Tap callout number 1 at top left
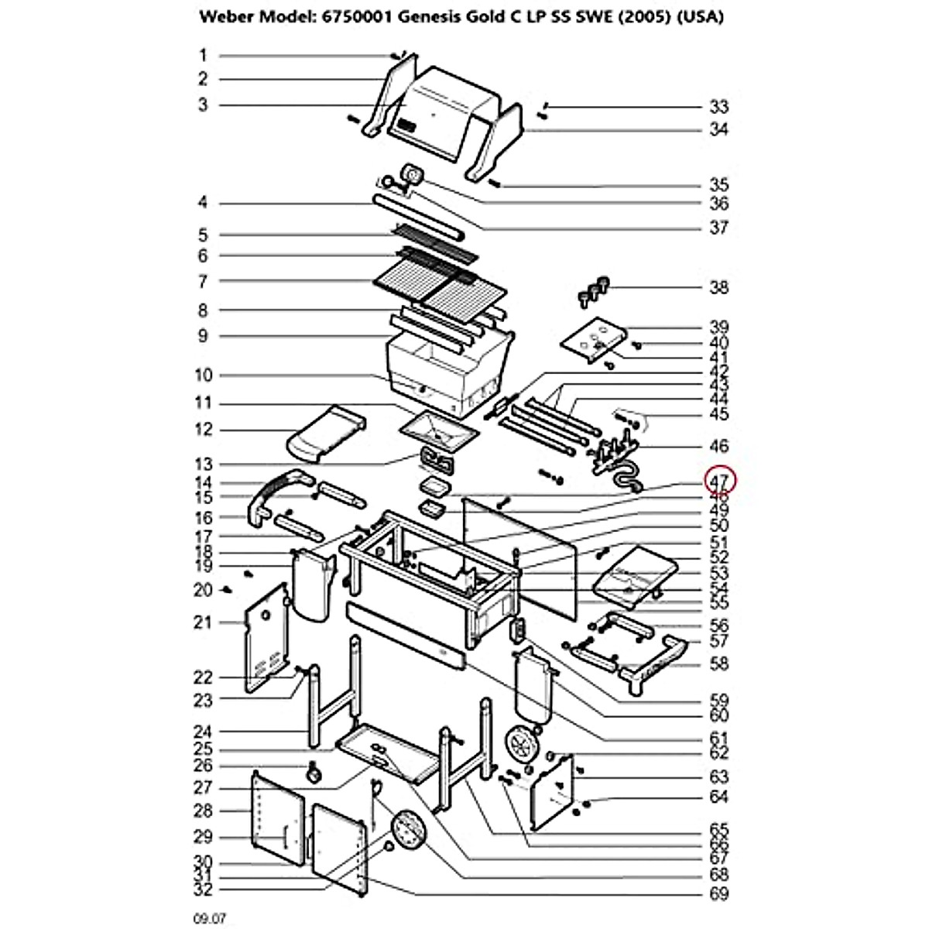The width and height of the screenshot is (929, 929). [203, 55]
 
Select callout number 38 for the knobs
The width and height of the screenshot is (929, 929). [719, 288]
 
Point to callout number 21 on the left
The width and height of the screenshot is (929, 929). [203, 622]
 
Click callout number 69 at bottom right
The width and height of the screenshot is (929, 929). [719, 895]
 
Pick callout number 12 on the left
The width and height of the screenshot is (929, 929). [203, 430]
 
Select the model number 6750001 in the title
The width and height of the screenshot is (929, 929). [362, 17]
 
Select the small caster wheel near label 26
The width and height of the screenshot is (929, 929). [314, 772]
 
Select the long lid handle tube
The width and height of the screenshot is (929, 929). [418, 218]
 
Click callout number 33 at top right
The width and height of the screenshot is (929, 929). [719, 107]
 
